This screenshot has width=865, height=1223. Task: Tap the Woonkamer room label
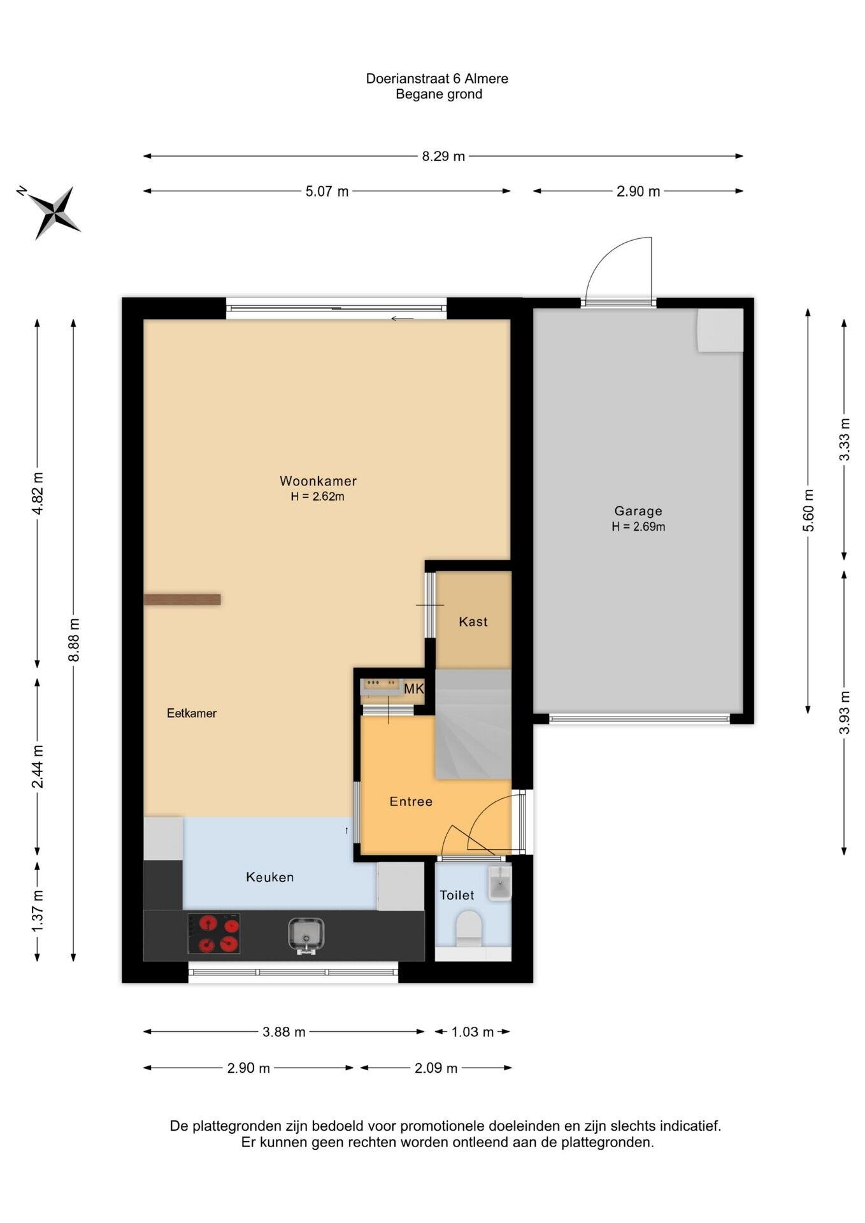[x=318, y=481]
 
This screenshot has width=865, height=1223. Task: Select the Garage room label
[x=638, y=511]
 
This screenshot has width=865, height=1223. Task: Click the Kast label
[x=473, y=622]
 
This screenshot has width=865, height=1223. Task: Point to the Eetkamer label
[x=192, y=713]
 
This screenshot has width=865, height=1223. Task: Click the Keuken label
[x=270, y=877]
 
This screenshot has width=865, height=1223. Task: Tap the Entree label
[x=411, y=801]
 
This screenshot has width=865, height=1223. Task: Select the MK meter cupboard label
[x=413, y=689]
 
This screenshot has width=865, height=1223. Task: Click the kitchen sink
[x=306, y=934]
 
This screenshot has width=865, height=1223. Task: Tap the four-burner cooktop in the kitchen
[x=214, y=934]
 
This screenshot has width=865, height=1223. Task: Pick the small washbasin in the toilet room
[x=499, y=882]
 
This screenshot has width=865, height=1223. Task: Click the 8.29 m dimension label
[x=443, y=156]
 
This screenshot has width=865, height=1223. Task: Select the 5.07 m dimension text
[x=327, y=191]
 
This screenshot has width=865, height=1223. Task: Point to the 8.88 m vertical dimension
[x=74, y=640]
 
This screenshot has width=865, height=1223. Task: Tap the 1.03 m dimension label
[x=473, y=1032]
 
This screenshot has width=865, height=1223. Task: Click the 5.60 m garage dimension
[x=808, y=511]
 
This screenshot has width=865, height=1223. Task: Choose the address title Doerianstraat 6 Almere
[x=437, y=78]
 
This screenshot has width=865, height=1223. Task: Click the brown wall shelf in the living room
[x=182, y=599]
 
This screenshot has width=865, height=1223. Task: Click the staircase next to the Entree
[x=473, y=724]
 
